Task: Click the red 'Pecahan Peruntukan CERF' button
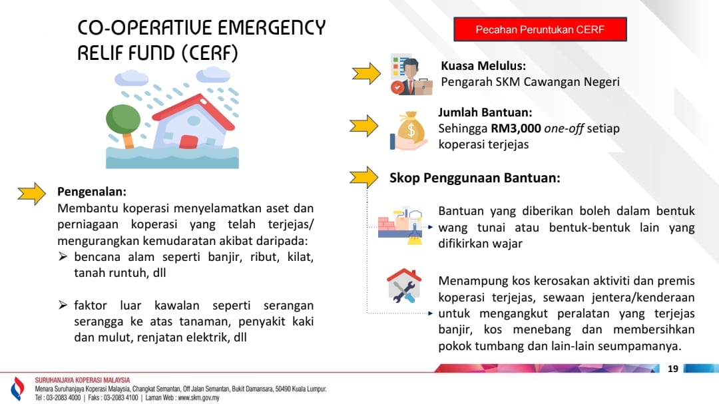(x=540, y=29)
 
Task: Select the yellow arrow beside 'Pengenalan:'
(x=32, y=194)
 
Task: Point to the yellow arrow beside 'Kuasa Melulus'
(x=366, y=73)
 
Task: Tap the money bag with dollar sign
(x=409, y=130)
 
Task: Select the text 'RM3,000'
(x=516, y=128)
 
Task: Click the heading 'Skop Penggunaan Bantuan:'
(x=475, y=178)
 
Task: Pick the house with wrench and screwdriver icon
(x=403, y=286)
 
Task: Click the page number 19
(x=672, y=369)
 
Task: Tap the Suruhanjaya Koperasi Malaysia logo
(x=17, y=389)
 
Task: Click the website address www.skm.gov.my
(x=198, y=398)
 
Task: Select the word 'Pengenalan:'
(x=92, y=192)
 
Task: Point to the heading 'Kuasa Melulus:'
(x=483, y=66)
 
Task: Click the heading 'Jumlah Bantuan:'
(x=485, y=112)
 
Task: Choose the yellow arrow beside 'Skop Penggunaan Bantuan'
(x=364, y=177)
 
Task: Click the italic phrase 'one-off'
(x=564, y=128)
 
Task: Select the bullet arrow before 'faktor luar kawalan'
(x=63, y=305)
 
